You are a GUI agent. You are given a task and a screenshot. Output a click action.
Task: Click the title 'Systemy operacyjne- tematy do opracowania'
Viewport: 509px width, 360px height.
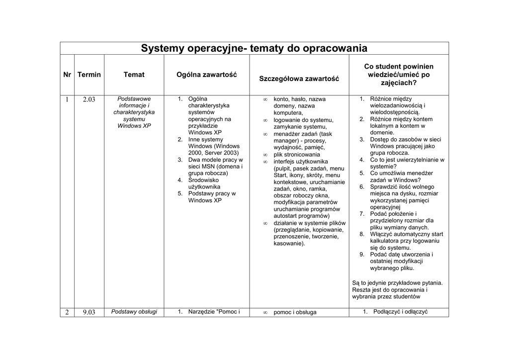coord(254,48)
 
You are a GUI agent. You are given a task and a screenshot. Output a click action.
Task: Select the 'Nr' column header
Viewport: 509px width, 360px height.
coord(67,75)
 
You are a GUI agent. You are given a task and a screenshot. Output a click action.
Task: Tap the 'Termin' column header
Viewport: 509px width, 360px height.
coord(89,75)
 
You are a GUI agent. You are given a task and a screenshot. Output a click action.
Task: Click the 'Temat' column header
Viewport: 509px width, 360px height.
coord(134,75)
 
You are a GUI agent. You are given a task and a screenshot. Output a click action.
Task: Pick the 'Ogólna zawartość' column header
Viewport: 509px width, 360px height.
coord(206,75)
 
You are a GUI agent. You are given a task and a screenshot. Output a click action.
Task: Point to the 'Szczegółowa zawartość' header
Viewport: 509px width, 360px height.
coord(299,79)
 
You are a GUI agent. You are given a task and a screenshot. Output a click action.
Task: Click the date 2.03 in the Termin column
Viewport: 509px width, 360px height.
coord(89,99)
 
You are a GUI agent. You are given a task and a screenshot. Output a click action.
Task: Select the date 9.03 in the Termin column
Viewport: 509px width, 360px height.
coord(89,312)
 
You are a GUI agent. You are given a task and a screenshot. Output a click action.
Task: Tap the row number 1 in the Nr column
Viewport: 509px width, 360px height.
coord(67,99)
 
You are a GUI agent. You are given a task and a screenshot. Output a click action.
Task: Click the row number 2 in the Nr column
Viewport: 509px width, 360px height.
coord(67,312)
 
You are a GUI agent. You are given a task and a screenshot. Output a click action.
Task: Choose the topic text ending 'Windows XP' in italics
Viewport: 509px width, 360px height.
coord(134,112)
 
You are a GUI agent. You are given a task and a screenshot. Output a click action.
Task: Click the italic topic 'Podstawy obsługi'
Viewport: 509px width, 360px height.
coord(134,312)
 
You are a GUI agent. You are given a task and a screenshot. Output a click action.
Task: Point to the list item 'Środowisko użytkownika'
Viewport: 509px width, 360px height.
coord(204,183)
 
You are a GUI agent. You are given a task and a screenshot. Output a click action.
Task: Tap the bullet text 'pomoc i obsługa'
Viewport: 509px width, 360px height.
coord(295,312)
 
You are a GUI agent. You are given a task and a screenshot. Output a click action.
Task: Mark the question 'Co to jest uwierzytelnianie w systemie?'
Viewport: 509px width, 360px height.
coord(407,163)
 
